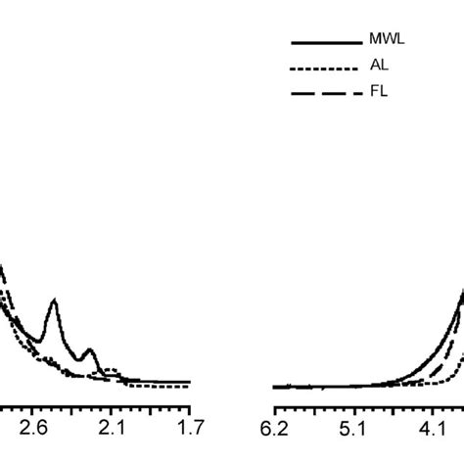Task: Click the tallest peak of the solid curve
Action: coord(53,302)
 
